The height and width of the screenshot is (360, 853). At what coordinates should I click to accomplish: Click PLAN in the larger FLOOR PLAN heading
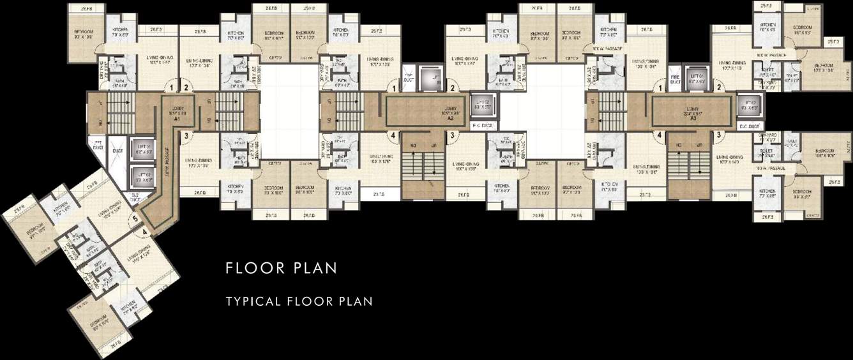[x=314, y=267]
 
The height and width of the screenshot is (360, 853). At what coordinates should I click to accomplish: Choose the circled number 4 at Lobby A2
[x=393, y=135]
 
